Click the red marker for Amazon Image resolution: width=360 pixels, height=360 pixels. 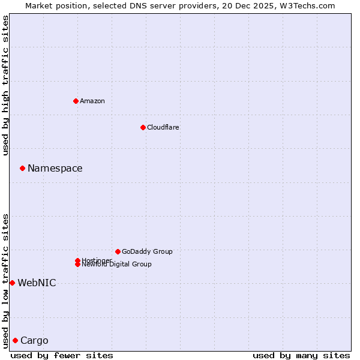click(x=76, y=101)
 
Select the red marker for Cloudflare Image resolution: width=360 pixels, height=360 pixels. click(x=143, y=127)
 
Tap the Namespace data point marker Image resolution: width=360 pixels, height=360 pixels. click(x=22, y=168)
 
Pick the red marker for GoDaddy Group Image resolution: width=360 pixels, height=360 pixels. click(x=118, y=251)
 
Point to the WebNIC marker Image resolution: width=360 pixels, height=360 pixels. click(x=12, y=283)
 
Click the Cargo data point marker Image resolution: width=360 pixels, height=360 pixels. click(x=15, y=340)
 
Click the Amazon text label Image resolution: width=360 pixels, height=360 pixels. click(x=92, y=101)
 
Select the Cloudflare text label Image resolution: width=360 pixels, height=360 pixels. click(x=163, y=127)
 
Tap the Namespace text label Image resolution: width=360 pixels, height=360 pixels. click(x=55, y=169)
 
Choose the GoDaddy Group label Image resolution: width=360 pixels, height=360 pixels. click(x=147, y=251)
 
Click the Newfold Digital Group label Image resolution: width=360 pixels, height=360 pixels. click(x=116, y=264)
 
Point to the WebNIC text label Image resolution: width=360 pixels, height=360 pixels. click(x=37, y=283)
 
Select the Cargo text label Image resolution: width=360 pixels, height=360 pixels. click(x=34, y=341)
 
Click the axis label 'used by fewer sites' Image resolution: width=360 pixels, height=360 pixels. click(x=62, y=355)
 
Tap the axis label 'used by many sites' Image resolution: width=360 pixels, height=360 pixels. click(x=301, y=355)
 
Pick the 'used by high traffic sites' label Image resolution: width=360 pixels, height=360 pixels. click(x=6, y=85)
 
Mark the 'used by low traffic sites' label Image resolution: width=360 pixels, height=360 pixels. click(x=6, y=280)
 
